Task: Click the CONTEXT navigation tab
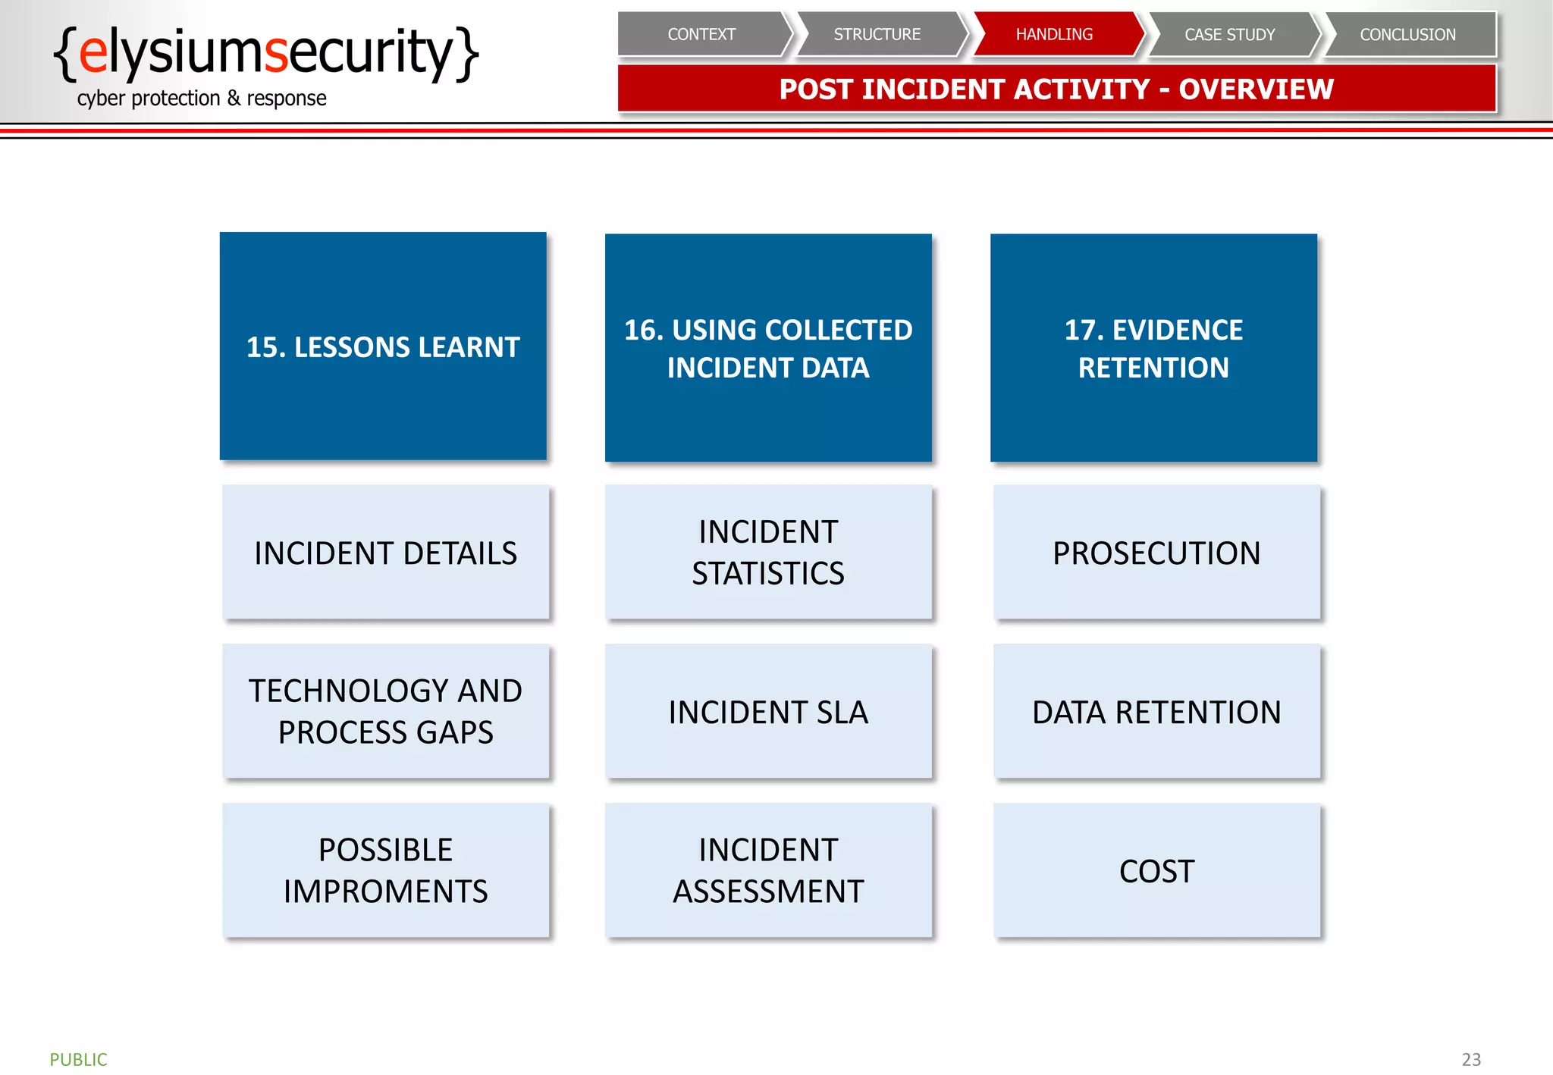701,34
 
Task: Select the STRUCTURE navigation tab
877,34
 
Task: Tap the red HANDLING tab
1054,34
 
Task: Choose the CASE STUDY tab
1230,34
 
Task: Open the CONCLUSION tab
1407,34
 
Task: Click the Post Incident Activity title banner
1056,89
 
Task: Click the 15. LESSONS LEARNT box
383,346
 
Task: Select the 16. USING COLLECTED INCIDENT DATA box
768,348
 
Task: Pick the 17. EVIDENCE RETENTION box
1153,348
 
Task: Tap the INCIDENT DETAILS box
385,553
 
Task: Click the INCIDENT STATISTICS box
768,553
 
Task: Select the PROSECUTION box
1156,553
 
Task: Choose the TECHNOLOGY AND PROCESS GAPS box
385,711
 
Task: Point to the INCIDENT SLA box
768,711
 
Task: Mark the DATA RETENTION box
1156,711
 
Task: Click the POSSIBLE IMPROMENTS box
385,870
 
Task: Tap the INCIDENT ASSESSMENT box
768,870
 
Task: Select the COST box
1156,870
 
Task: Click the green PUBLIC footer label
78,1059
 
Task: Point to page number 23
1471,1059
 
